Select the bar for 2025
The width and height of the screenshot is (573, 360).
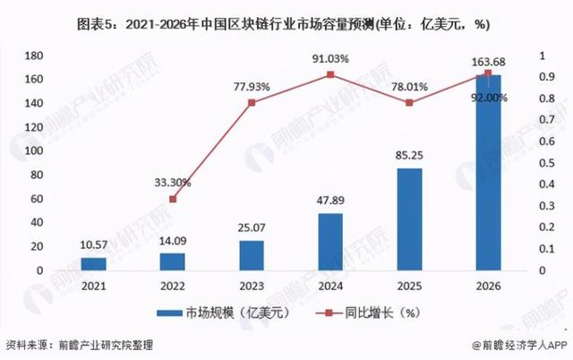408,219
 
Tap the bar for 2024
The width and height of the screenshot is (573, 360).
329,242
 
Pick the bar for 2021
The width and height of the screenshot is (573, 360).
93,264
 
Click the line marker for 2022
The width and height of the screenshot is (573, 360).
173,199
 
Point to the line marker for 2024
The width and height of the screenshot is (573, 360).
329,74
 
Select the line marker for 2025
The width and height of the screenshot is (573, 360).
408,103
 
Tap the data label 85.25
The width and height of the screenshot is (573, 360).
408,155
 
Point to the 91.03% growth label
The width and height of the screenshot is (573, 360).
329,59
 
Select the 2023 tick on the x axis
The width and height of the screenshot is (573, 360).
251,286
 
